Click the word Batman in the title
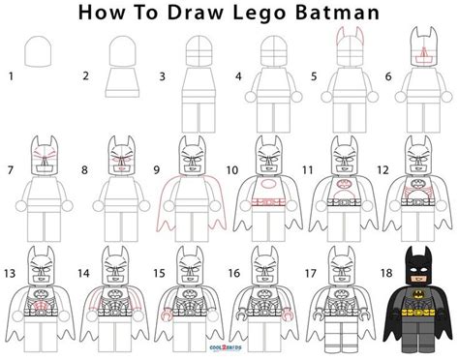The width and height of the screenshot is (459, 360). tap(337, 13)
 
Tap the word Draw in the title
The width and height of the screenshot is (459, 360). tap(196, 13)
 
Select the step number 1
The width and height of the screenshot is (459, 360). tap(12, 76)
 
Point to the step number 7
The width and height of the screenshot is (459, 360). tap(11, 170)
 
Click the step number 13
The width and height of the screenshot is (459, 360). tap(10, 274)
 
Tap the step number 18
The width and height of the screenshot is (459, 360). tap(386, 273)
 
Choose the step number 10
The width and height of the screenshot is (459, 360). tap(232, 170)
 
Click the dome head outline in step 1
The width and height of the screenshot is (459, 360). tap(38, 51)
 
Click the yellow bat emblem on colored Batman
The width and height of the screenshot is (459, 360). tap(418, 294)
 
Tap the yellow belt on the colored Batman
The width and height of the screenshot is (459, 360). tap(419, 313)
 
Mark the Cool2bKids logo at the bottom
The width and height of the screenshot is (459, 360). tap(226, 347)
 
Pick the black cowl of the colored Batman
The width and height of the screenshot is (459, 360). tap(418, 264)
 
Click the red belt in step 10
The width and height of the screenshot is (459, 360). tap(268, 202)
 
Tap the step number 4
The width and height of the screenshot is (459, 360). tap(238, 76)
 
